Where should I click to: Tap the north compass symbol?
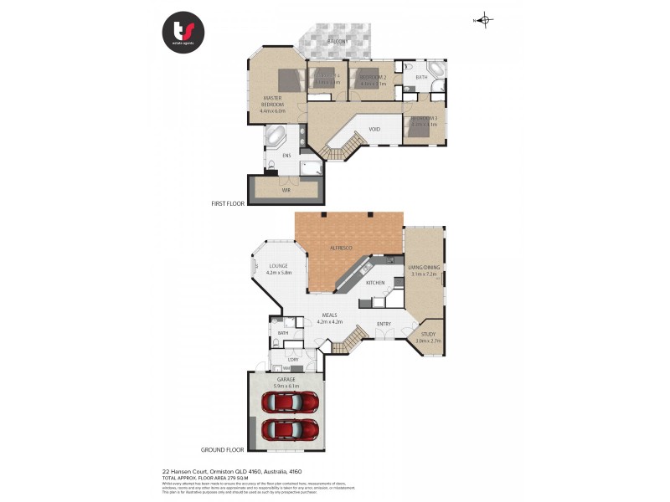coord(487,20)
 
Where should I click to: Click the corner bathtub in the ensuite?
coord(276,136)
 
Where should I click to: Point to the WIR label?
coord(286,191)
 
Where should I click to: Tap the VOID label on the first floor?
coord(374,129)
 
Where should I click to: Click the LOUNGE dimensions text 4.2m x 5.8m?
coord(278,273)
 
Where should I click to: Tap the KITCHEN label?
coord(375,284)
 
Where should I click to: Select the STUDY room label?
coord(428,334)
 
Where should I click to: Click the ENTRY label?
coord(384,324)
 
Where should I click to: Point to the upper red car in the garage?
coord(289,402)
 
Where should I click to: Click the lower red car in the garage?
coord(289,431)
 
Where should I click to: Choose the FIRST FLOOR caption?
coord(227,203)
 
